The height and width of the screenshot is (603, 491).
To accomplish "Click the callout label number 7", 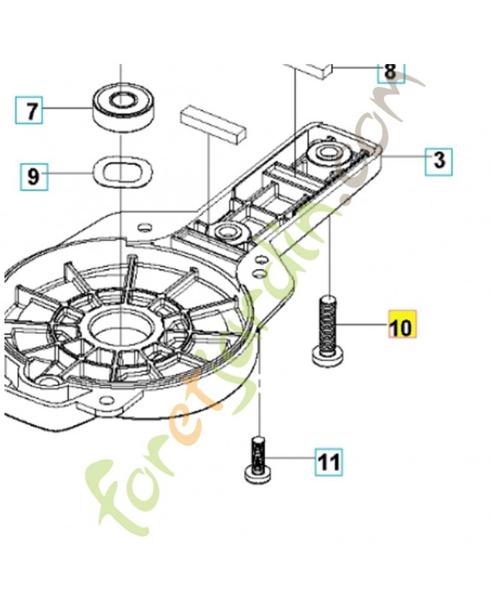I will (31, 112).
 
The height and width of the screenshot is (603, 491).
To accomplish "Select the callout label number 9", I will (33, 177).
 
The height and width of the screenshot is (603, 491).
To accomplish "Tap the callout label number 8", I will (390, 72).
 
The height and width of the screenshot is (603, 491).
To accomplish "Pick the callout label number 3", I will (439, 161).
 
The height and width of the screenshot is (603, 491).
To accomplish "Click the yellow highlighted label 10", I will (401, 328).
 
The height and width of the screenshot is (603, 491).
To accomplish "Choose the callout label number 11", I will (328, 461).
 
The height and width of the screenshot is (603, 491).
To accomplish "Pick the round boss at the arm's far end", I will (327, 154).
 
